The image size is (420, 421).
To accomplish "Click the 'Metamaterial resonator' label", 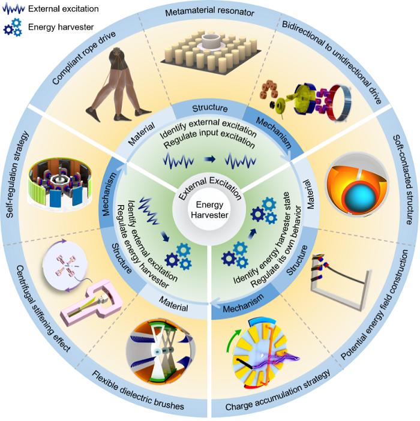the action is [x=210, y=11].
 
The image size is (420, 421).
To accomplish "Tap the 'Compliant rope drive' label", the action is [x=84, y=58].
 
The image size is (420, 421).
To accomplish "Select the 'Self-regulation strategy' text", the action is [x=17, y=175].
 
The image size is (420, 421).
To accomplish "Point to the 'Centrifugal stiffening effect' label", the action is [x=43, y=309].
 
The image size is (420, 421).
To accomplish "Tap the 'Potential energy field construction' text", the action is [x=375, y=305].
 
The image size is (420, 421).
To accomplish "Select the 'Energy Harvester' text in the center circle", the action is [x=209, y=210].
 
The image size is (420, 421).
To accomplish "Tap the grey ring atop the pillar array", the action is [x=211, y=41].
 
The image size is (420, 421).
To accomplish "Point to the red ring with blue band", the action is [x=340, y=103].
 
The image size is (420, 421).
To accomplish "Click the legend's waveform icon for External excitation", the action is [x=13, y=10].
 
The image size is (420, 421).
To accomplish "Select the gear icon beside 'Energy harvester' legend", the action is [x=13, y=27].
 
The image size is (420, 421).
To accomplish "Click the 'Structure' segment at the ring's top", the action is [x=210, y=108].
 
